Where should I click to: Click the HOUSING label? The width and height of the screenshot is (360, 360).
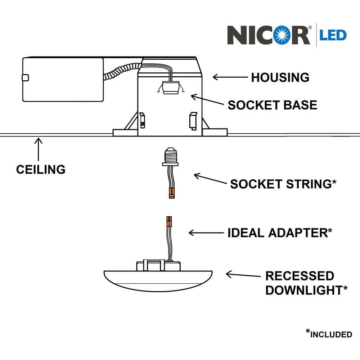(x=280, y=77)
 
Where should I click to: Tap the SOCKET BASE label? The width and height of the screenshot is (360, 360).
(x=273, y=105)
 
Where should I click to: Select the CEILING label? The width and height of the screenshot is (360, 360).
(x=41, y=169)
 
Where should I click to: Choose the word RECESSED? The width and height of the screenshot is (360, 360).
(x=300, y=276)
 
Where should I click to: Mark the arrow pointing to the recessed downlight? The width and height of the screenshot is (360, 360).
(x=243, y=275)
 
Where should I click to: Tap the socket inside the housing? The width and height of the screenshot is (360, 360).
(x=168, y=87)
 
